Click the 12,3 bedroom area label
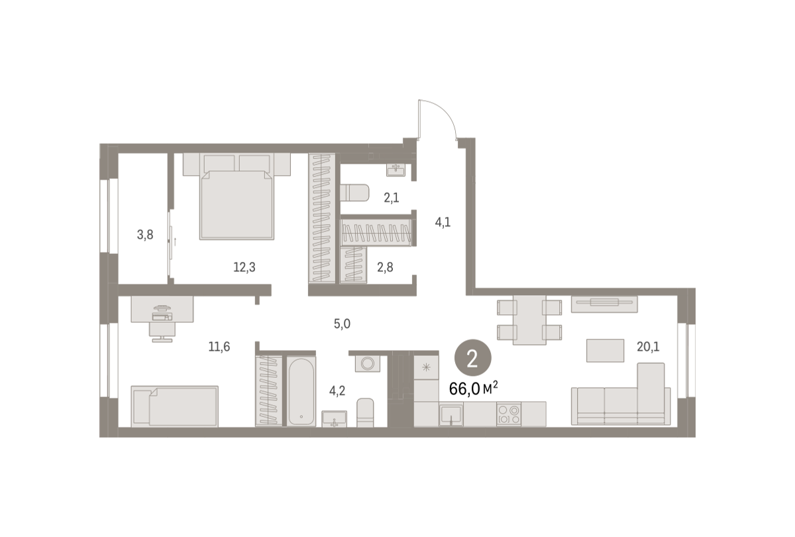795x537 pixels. pyautogui.click(x=244, y=267)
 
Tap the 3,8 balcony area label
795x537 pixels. pyautogui.click(x=145, y=235)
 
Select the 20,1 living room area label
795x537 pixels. pyautogui.click(x=648, y=346)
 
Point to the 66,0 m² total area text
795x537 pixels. pyautogui.click(x=474, y=388)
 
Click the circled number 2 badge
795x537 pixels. pyautogui.click(x=473, y=358)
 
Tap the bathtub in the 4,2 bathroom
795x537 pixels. pyautogui.click(x=301, y=390)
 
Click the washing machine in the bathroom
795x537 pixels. pyautogui.click(x=367, y=363)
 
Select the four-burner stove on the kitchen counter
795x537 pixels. pyautogui.click(x=509, y=414)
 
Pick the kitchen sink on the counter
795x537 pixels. pyautogui.click(x=451, y=414)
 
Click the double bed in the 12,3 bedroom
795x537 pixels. pyautogui.click(x=237, y=196)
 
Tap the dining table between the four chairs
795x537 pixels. pyautogui.click(x=529, y=320)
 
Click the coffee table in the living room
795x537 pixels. pyautogui.click(x=605, y=351)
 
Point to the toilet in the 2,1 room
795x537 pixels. pyautogui.click(x=354, y=192)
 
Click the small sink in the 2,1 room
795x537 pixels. pyautogui.click(x=396, y=170)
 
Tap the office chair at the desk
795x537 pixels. pyautogui.click(x=162, y=332)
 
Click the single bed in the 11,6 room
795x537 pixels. pyautogui.click(x=175, y=406)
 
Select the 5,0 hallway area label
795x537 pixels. pyautogui.click(x=342, y=324)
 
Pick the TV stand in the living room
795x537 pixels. pyautogui.click(x=604, y=304)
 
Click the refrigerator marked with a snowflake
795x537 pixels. pyautogui.click(x=426, y=367)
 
